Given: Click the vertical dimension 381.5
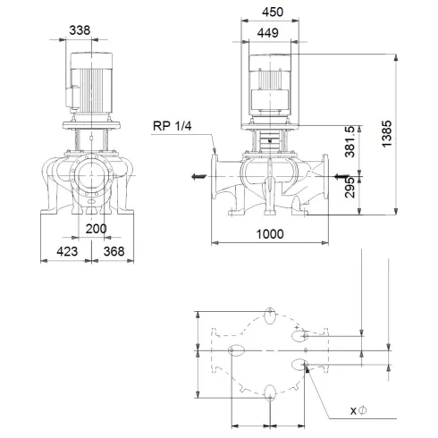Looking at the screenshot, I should point(353,142).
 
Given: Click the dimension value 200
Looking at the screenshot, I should point(97,230).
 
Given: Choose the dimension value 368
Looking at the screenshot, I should point(114,251).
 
